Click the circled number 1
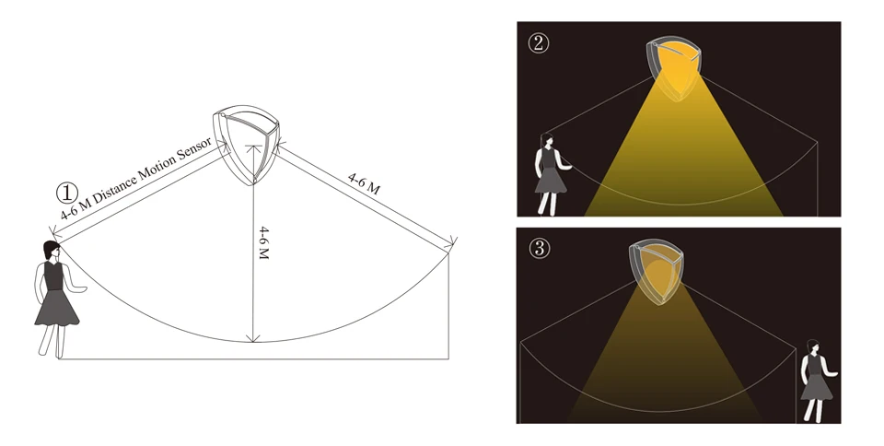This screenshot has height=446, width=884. click(67, 194)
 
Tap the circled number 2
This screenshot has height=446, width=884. click(539, 43)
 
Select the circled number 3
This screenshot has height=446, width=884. click(540, 248)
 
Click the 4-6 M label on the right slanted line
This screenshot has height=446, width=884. click(364, 183)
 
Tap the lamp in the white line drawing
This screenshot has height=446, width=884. click(247, 145)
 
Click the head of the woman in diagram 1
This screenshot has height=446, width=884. click(52, 250)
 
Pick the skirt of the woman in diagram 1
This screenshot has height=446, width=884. click(56, 308)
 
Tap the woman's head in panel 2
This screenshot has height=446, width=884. click(547, 139)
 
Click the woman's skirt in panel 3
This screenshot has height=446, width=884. click(817, 387)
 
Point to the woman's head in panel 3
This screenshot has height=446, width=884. click(812, 346)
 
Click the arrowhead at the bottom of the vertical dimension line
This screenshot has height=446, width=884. click(254, 338)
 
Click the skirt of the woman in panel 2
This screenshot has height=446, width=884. click(551, 181)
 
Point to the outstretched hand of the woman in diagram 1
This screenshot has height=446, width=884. click(81, 289)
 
